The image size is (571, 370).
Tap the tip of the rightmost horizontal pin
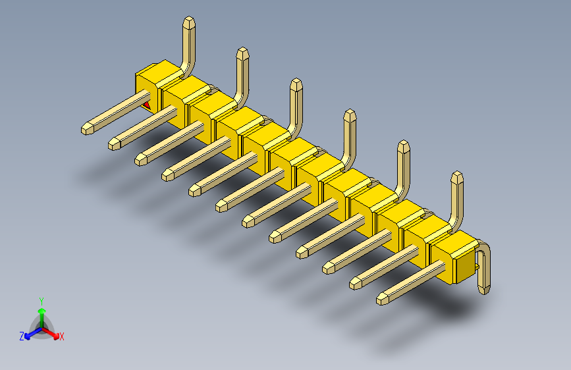click(382, 299)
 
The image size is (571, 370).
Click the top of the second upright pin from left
click(242, 53)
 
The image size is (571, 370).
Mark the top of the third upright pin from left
click(296, 84)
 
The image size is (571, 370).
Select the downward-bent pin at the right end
click(485, 270)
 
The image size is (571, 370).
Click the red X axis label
click(62, 336)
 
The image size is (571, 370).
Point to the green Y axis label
click(41, 300)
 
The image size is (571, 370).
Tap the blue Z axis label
click(22, 336)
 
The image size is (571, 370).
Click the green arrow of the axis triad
click(41, 309)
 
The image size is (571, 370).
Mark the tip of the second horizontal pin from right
click(355, 283)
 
